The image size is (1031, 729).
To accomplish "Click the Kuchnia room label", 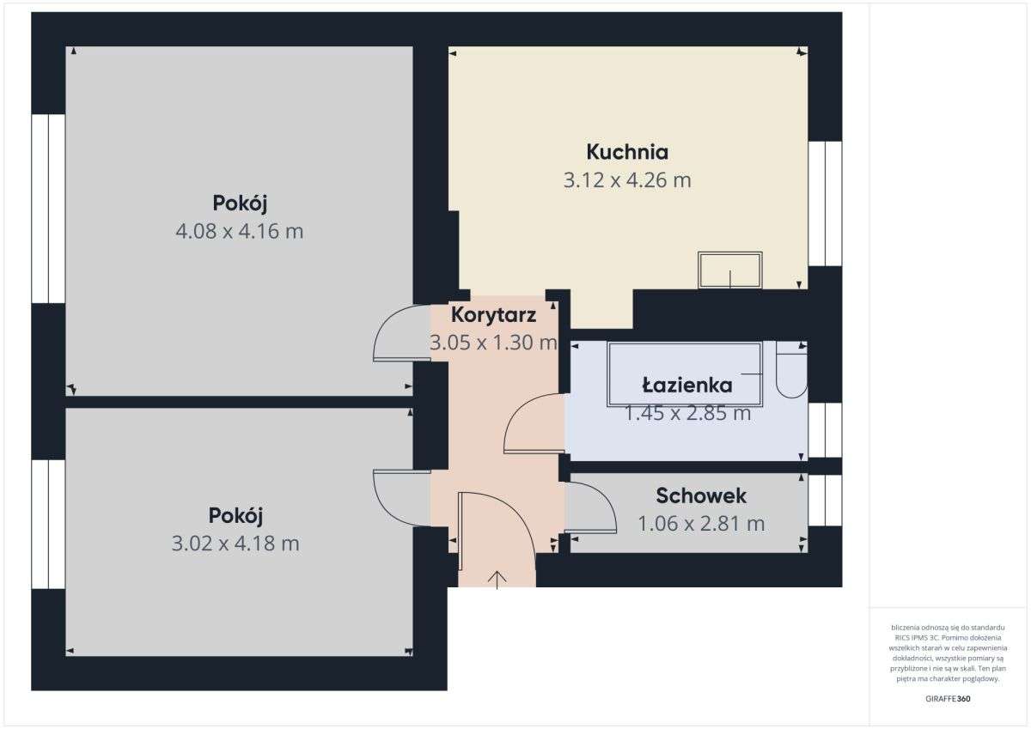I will coord(627,152).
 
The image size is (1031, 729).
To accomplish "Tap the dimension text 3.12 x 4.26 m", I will coord(627,180).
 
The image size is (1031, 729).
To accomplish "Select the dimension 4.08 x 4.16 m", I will coord(240,231).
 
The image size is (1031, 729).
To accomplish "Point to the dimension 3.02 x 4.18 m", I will coord(236,544).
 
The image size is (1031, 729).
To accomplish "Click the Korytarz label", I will coord(493,314).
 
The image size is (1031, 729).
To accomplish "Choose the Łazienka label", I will coord(687,385).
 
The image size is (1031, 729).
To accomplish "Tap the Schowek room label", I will coord(701,495).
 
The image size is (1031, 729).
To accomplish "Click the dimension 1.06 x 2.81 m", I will coord(701,523).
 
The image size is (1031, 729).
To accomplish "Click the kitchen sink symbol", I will coord(730,270).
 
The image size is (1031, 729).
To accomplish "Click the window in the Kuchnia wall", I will coord(825,204).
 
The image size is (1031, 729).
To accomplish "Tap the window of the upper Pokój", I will coord(49,208).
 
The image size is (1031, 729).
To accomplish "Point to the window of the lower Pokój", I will coord(49,524).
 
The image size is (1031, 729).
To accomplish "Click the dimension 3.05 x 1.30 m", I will coord(493,343).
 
